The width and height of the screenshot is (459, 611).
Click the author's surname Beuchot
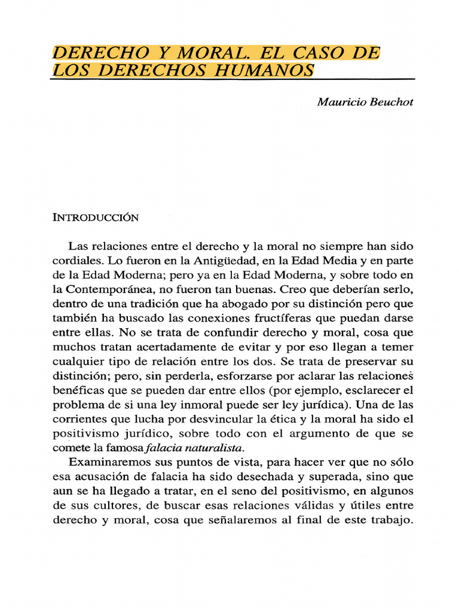[x=391, y=101]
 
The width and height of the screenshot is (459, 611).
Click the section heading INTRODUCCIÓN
[x=96, y=217]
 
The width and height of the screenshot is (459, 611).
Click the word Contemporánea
[x=111, y=289]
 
